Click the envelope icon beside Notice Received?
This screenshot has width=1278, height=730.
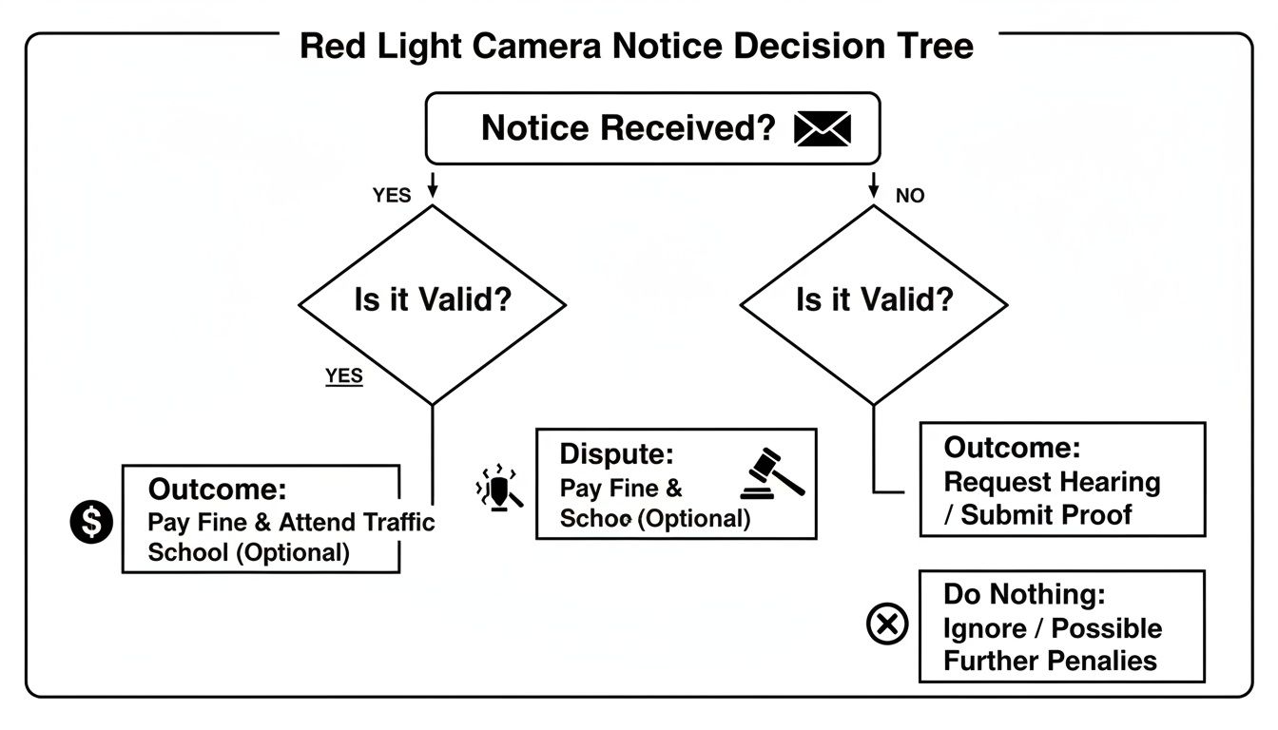point(822,128)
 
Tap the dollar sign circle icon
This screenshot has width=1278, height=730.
point(91,521)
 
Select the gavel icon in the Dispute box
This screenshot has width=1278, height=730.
point(771,473)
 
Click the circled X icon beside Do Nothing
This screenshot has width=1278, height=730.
point(888,624)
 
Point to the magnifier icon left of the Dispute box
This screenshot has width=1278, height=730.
point(499,490)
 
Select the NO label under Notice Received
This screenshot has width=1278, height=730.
point(910,196)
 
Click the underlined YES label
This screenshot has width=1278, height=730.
point(343,375)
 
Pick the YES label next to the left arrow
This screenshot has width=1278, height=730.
point(391,196)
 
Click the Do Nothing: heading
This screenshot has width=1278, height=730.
point(1024,595)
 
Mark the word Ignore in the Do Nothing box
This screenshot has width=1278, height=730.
point(984,629)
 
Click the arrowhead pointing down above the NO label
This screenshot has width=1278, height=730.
point(873,192)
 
